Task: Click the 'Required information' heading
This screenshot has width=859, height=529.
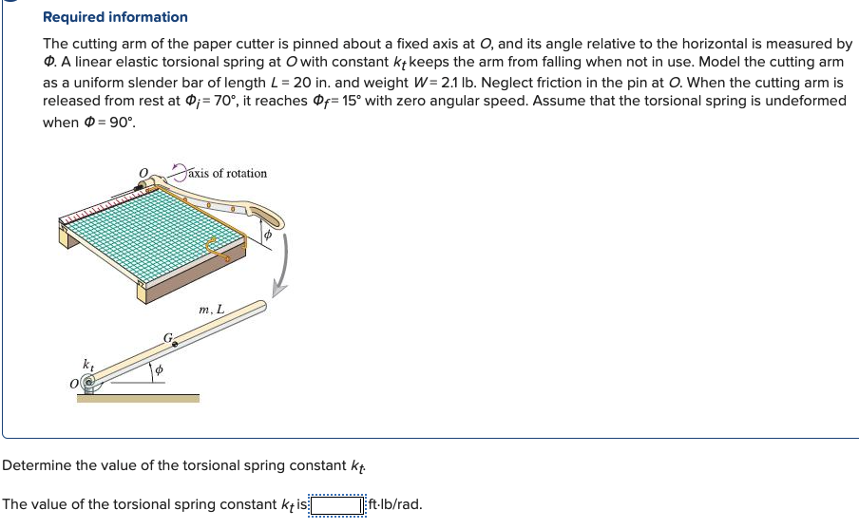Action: coord(115,17)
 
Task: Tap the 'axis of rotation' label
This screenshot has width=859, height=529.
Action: coord(228,173)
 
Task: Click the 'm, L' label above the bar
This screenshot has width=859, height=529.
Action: coord(212,309)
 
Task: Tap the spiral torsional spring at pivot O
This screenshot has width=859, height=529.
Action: coord(90,384)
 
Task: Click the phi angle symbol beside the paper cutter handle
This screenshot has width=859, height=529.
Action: coord(267,233)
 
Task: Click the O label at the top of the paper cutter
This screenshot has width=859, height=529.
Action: coord(143,173)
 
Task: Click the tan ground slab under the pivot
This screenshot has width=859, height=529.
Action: coord(138,398)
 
